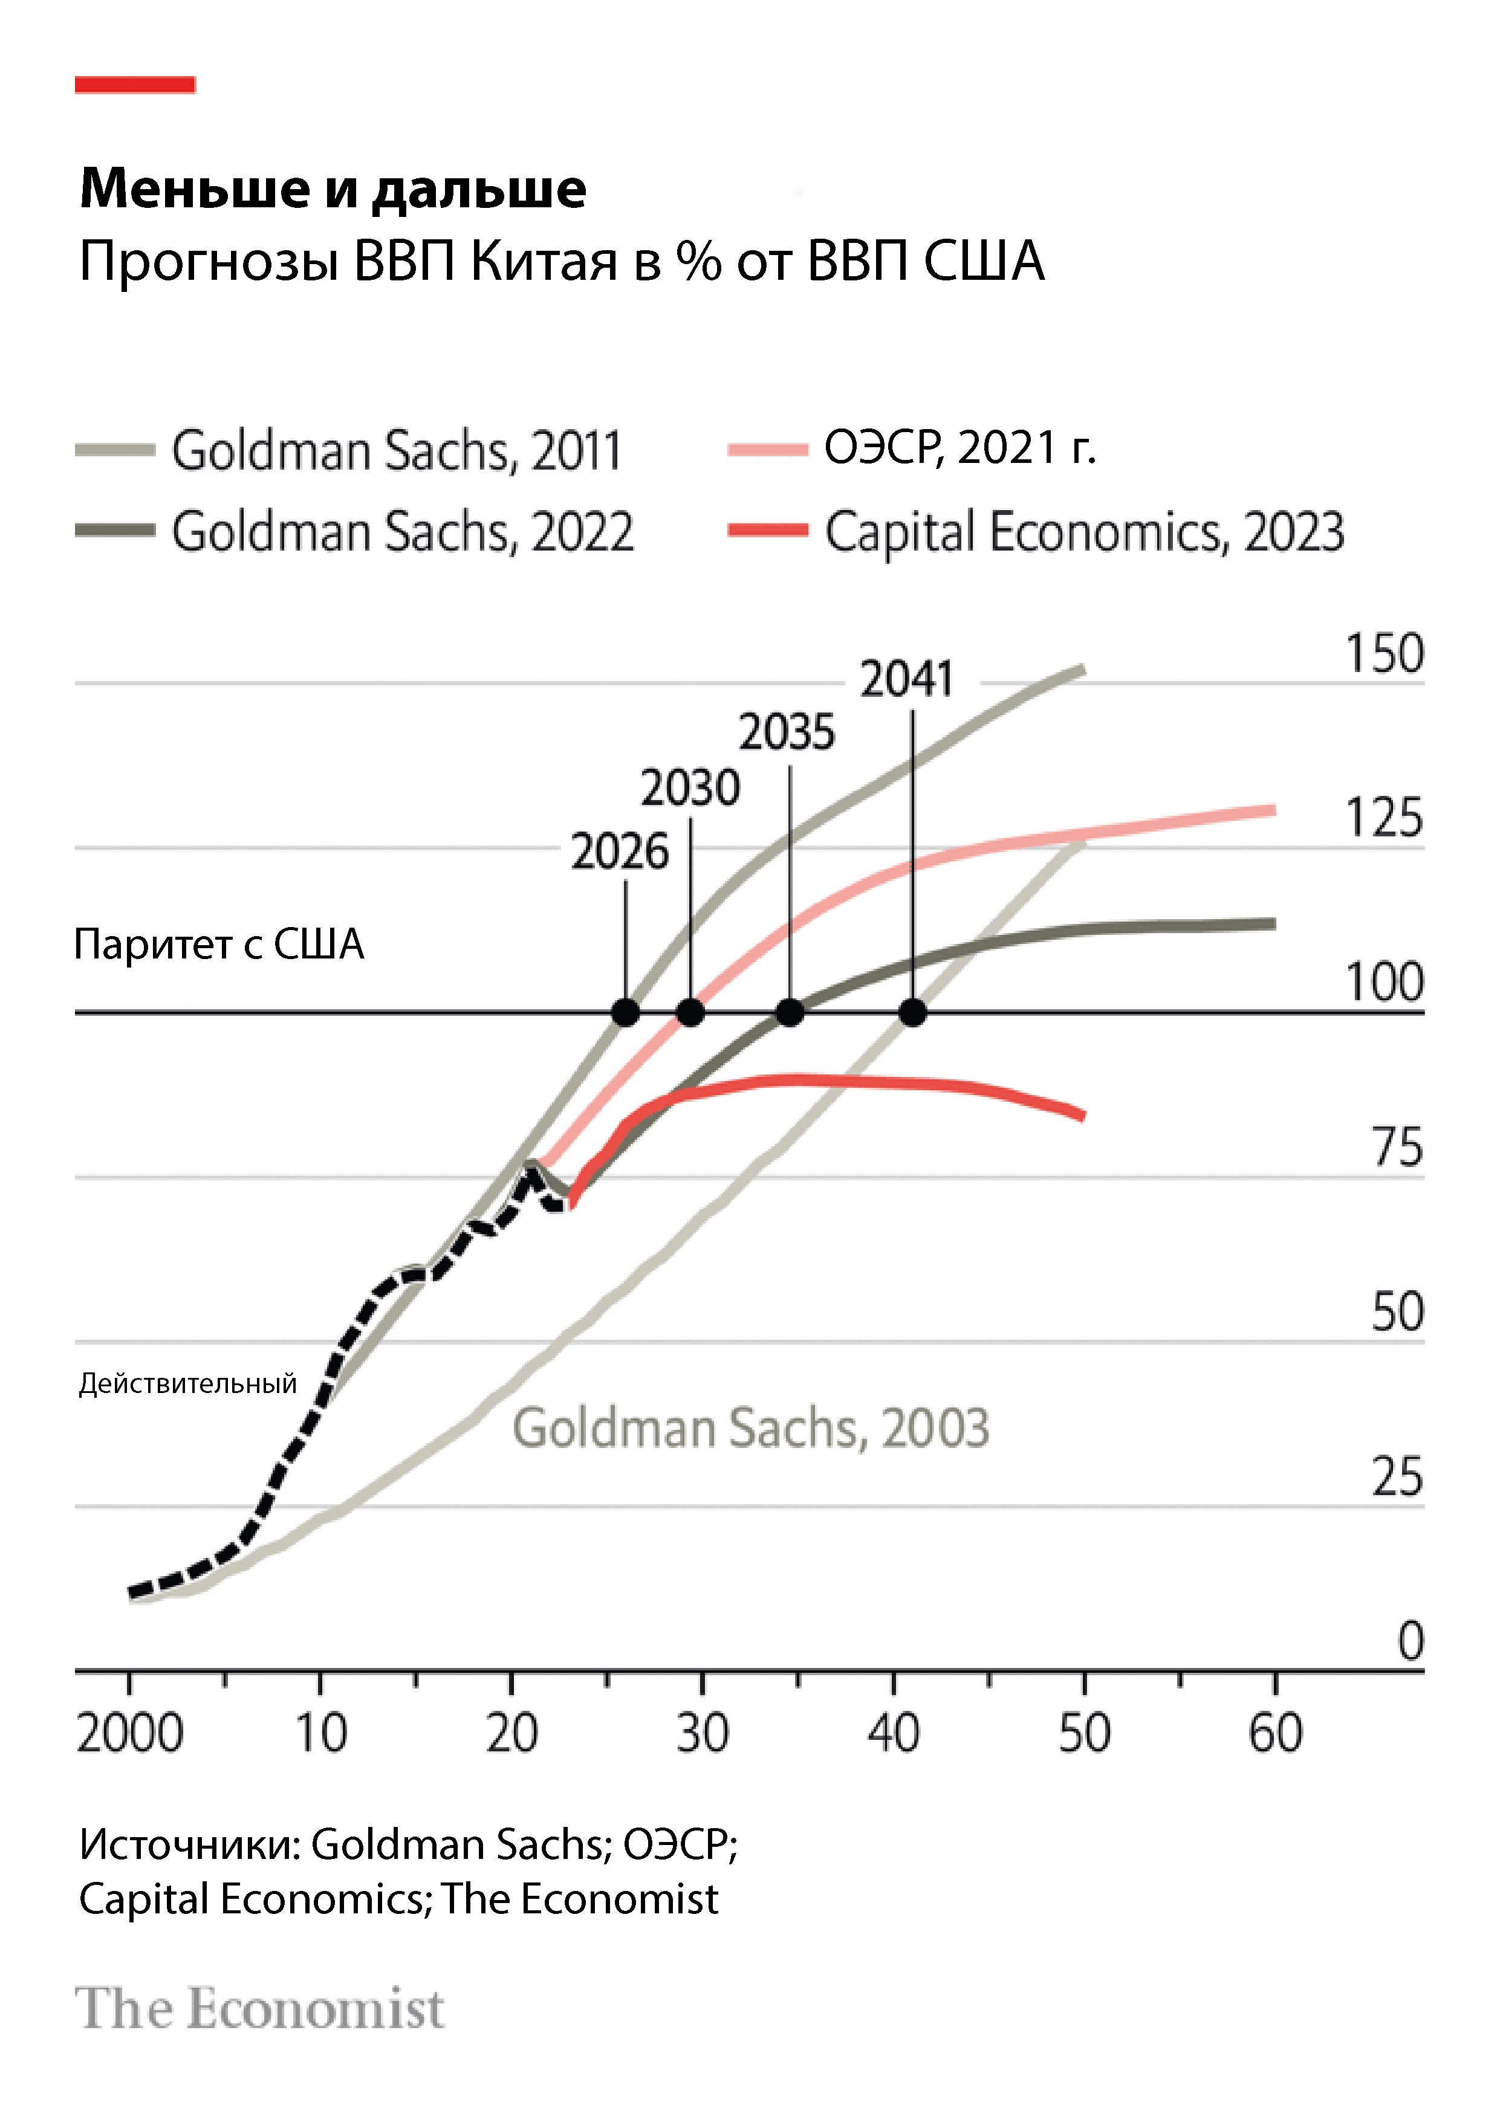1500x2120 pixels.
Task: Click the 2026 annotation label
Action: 620,852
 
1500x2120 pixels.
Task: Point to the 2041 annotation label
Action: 906,680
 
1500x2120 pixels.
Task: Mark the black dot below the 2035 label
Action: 790,1013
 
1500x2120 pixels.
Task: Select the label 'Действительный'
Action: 187,1383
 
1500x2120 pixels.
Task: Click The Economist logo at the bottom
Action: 259,2009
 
